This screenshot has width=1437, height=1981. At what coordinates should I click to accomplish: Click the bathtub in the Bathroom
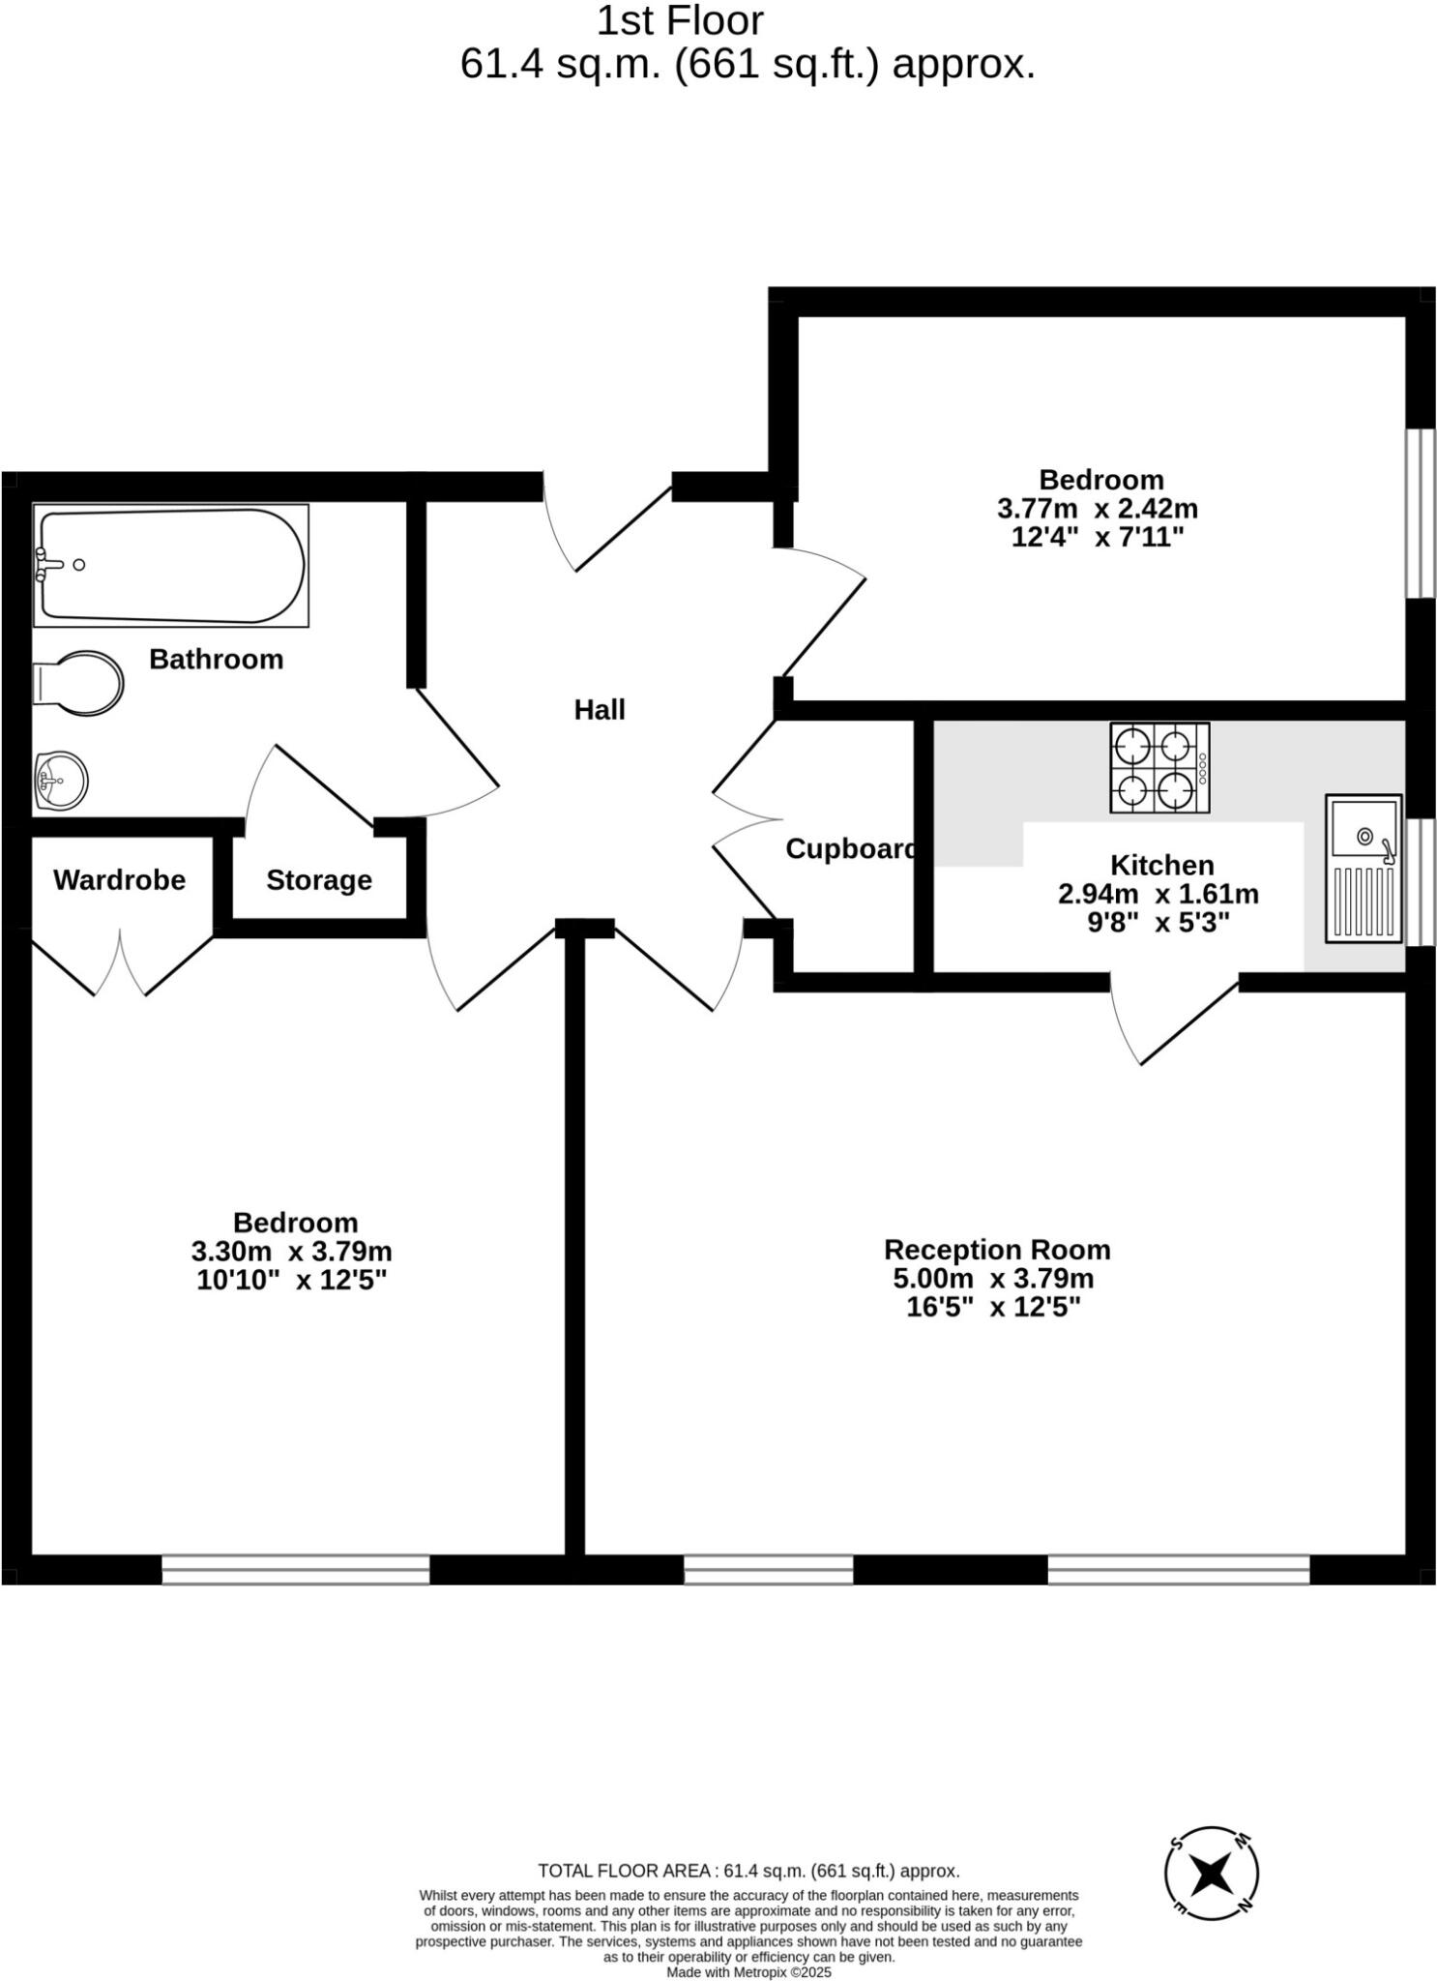tap(171, 566)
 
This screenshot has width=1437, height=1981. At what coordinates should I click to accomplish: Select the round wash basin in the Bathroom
tap(61, 780)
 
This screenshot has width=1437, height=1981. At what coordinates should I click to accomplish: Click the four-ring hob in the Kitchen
tap(1158, 768)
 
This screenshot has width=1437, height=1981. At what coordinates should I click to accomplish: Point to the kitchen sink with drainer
tap(1364, 869)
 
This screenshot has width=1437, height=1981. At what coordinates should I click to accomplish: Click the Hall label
tap(600, 710)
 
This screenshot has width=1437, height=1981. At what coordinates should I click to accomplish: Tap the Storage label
tap(319, 880)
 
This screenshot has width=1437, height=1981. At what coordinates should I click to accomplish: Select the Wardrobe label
tap(119, 880)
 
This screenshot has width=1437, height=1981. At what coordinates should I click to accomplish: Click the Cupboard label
tap(849, 849)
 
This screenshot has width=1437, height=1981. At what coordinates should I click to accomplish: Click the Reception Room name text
tap(997, 1250)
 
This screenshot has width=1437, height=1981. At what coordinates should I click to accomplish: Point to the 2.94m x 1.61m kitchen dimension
tap(1158, 894)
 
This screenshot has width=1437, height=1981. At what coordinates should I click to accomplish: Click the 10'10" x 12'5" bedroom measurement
tap(291, 1281)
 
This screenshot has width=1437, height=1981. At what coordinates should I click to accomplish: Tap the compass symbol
tap(1212, 1875)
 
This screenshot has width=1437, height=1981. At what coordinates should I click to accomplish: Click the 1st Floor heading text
tap(680, 21)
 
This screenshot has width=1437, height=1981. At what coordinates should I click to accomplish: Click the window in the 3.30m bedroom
tap(295, 1569)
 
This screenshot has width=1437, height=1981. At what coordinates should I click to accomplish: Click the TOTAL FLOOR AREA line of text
tap(748, 1871)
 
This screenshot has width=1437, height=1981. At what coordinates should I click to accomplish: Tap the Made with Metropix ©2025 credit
tap(748, 1972)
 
